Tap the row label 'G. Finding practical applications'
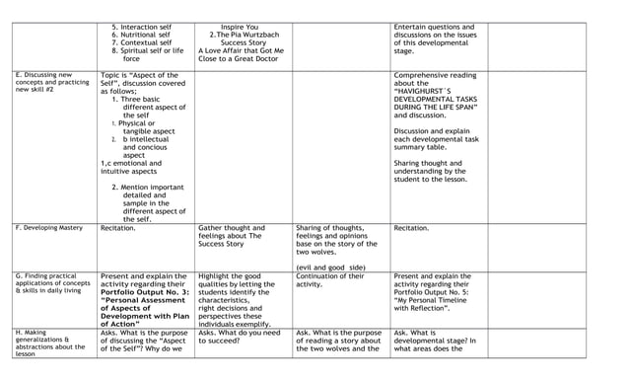click(x=50, y=284)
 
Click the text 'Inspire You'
click(x=240, y=27)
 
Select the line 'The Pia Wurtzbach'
click(x=244, y=35)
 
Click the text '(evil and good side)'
click(x=330, y=267)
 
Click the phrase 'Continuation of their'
click(x=331, y=276)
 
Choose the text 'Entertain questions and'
click(x=434, y=27)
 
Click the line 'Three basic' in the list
click(x=149, y=99)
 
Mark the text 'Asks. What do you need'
click(x=239, y=333)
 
